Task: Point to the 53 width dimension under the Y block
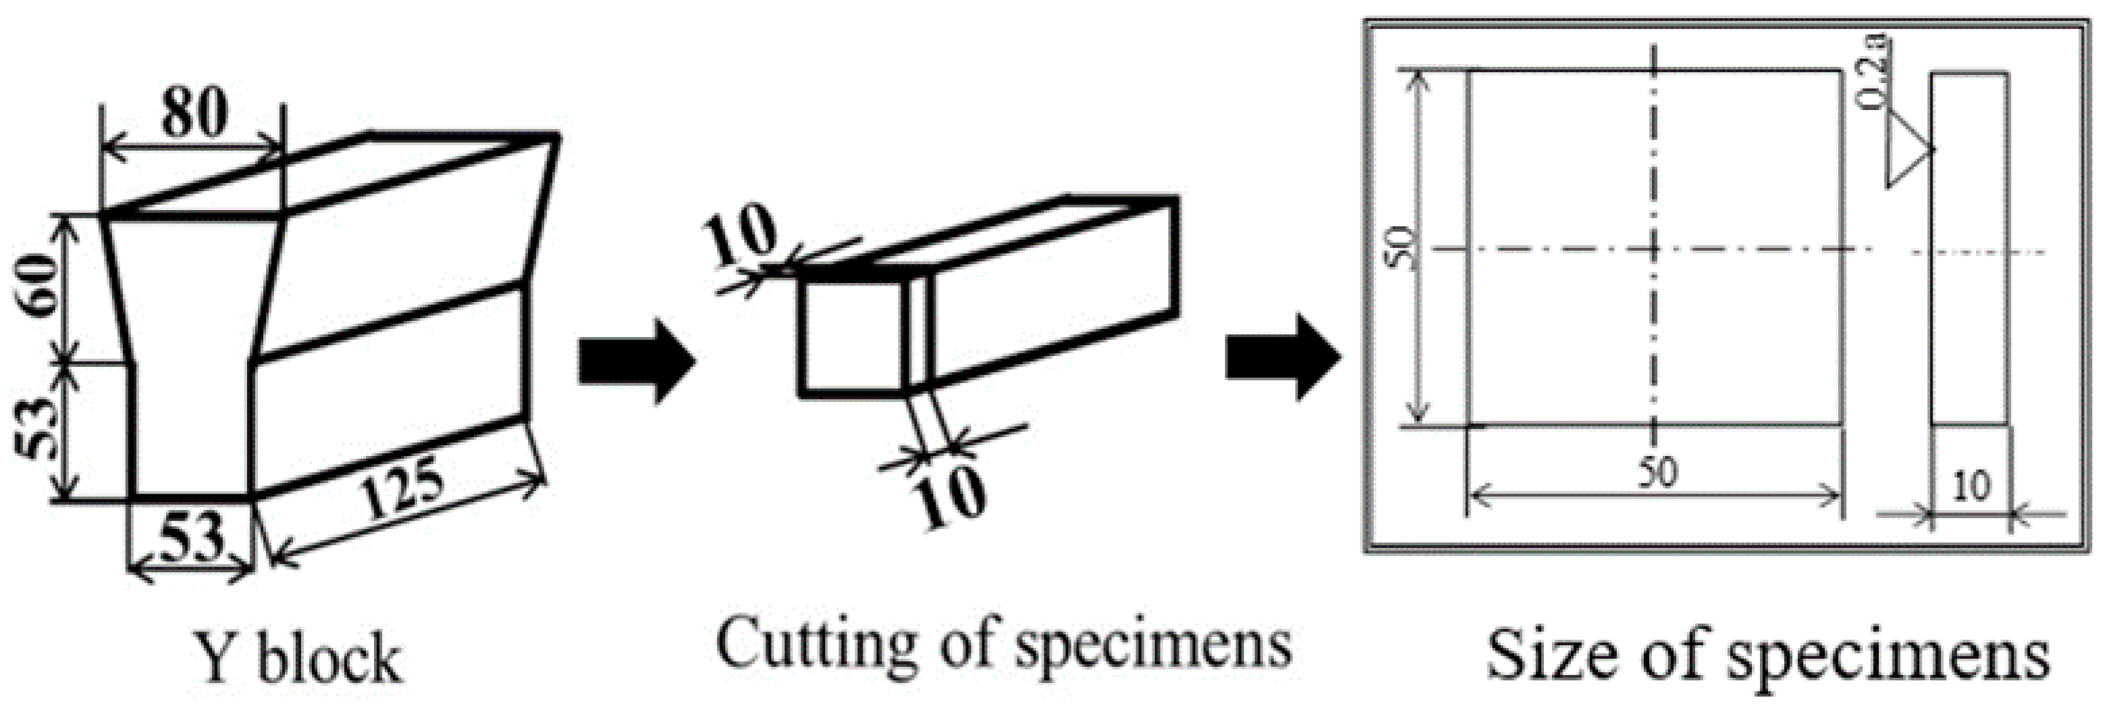pyautogui.click(x=190, y=536)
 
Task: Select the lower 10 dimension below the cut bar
pyautogui.click(x=950, y=494)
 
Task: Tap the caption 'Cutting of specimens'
pyautogui.click(x=1004, y=645)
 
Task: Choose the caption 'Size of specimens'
pyautogui.click(x=1767, y=655)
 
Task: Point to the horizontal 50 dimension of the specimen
pyautogui.click(x=1657, y=473)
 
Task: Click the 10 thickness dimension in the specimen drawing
pyautogui.click(x=1971, y=486)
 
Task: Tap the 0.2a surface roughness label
pyautogui.click(x=1873, y=72)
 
